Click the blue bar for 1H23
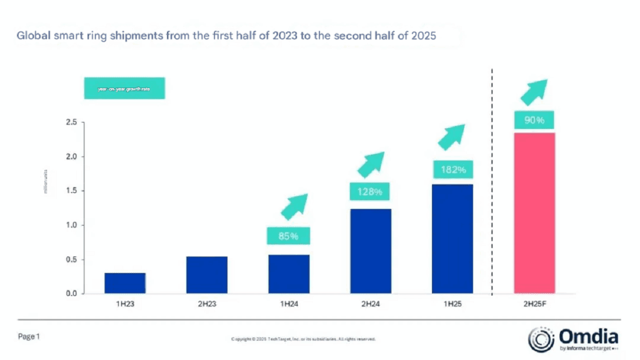coord(125,283)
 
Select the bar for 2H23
coord(207,275)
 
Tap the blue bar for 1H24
coord(289,274)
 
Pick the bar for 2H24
coord(371,251)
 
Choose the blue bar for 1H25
coord(452,239)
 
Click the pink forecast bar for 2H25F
coord(534,213)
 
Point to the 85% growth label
coord(289,235)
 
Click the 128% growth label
coord(371,191)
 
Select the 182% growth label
coord(452,170)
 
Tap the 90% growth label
coord(534,120)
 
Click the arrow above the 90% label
coord(534,91)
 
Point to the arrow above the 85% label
coord(294,207)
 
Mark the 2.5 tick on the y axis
coord(71,123)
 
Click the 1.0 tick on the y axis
coord(71,226)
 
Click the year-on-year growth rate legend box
coord(124,89)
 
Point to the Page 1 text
coord(29,337)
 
